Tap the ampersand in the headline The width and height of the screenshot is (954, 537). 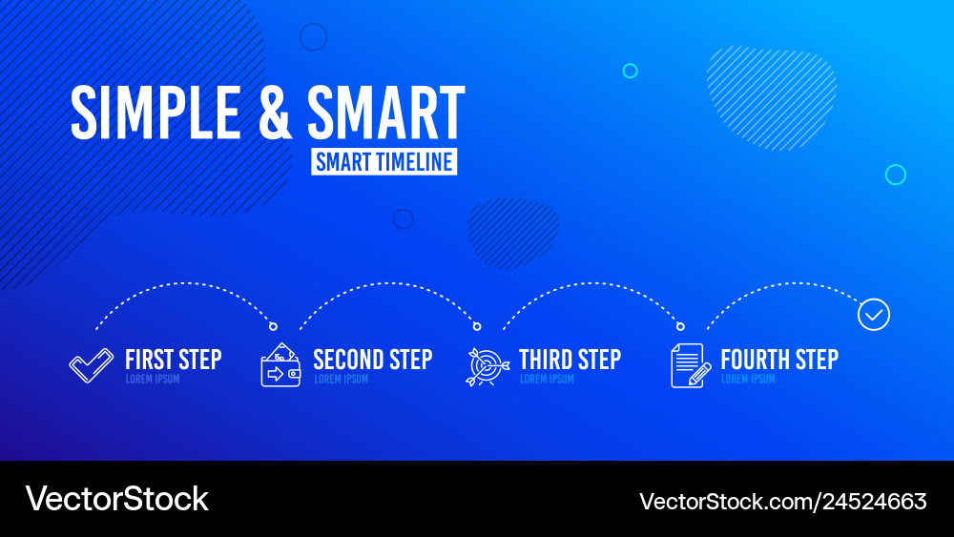tap(275, 114)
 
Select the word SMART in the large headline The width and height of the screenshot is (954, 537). tap(386, 114)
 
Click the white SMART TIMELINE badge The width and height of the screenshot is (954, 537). tap(384, 161)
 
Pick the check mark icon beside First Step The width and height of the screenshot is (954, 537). tap(91, 366)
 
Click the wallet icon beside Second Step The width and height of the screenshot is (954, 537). tap(280, 365)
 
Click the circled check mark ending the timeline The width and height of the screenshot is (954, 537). tap(874, 314)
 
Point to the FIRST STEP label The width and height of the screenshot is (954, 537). tap(173, 360)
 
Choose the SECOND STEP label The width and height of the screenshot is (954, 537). tap(372, 360)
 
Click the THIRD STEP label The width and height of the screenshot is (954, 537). tap(570, 360)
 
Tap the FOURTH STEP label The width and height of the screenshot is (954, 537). tap(779, 360)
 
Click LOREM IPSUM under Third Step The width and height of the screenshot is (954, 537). tap(547, 380)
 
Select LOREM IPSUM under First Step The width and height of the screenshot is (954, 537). tap(153, 380)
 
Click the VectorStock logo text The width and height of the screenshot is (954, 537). tap(116, 499)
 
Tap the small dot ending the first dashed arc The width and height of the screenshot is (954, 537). tap(274, 326)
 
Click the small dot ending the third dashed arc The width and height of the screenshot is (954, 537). tap(680, 326)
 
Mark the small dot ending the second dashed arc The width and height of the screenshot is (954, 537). tap(477, 326)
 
